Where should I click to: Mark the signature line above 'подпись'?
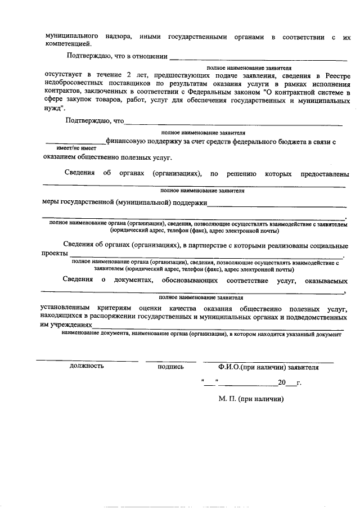[170, 361]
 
